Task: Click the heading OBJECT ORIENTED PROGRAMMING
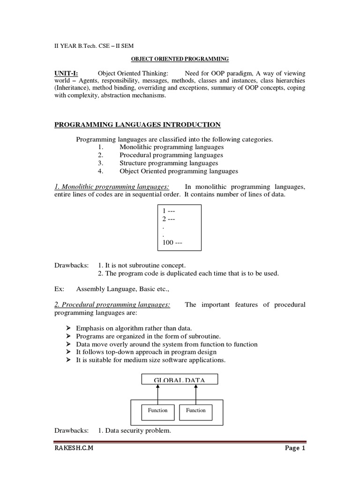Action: click(x=179, y=59)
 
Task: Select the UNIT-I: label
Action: click(x=67, y=74)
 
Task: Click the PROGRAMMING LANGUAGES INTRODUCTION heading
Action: click(x=137, y=124)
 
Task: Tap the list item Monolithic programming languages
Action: click(x=172, y=147)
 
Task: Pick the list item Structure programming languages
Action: click(x=169, y=163)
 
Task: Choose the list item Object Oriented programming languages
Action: click(x=179, y=171)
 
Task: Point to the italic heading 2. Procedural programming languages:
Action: click(x=112, y=305)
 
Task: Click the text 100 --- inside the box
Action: click(x=172, y=243)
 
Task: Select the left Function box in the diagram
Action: click(x=157, y=411)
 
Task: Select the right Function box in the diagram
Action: click(x=195, y=411)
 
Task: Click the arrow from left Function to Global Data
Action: click(x=158, y=393)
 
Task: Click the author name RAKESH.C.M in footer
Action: click(x=74, y=449)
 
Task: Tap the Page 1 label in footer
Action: click(x=295, y=449)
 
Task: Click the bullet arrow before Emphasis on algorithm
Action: click(x=67, y=328)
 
